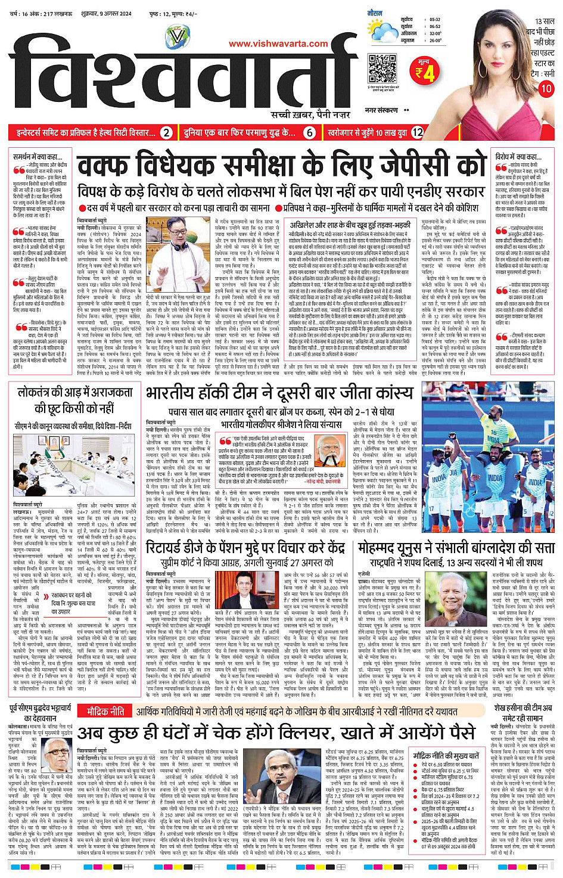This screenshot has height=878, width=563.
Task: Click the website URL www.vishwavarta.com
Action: tap(278, 44)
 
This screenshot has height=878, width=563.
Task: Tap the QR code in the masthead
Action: tap(382, 67)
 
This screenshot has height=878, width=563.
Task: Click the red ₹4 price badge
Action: tap(425, 70)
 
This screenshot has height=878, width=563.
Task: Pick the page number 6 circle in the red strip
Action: tap(309, 133)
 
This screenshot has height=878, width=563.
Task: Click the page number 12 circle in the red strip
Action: tap(417, 133)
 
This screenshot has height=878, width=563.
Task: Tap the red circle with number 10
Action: tap(546, 89)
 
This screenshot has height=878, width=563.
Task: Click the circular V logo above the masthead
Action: tap(176, 37)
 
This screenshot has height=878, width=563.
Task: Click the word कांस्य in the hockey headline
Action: tap(390, 393)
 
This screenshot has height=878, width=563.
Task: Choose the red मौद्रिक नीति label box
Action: tap(105, 711)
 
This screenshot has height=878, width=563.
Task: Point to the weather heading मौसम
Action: tap(375, 12)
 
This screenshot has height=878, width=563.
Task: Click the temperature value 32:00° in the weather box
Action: tap(435, 33)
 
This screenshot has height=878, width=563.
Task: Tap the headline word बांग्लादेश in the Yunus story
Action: tap(484, 548)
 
